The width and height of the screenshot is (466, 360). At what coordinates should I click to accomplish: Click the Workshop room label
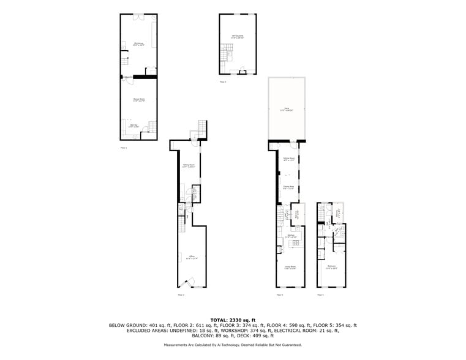[x=138, y=44]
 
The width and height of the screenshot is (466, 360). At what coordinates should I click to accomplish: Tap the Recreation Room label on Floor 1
[x=139, y=100]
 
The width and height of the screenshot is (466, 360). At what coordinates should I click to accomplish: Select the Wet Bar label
[x=133, y=126]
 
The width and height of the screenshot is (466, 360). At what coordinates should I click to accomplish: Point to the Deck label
[x=287, y=110]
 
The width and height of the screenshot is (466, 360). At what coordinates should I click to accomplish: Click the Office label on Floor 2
[x=192, y=257]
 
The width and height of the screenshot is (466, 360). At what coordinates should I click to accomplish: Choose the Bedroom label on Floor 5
[x=332, y=267]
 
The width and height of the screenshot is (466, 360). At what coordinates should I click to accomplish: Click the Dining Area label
[x=288, y=188]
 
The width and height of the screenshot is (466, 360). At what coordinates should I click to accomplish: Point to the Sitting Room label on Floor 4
[x=288, y=159]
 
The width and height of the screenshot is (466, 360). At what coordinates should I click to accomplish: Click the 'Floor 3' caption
[x=222, y=81]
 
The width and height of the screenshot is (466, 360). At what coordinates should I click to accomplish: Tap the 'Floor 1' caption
[x=123, y=148]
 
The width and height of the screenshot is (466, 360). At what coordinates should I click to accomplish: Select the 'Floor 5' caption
[x=320, y=295]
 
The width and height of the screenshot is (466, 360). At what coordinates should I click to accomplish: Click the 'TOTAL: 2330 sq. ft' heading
[x=233, y=320]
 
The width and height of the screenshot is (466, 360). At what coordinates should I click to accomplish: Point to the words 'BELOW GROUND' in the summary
[x=127, y=325]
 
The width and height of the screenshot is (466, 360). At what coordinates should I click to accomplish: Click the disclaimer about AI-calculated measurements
[x=233, y=345]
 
